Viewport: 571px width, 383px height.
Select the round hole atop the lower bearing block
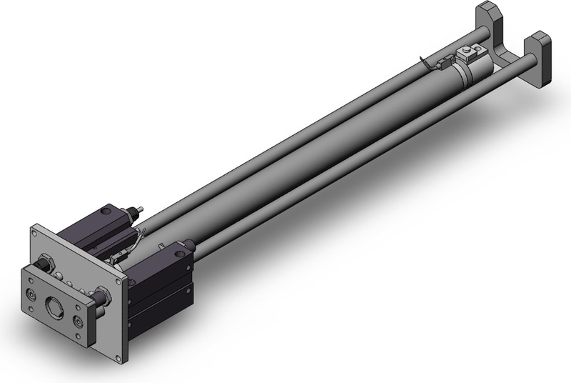pos(186,246)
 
